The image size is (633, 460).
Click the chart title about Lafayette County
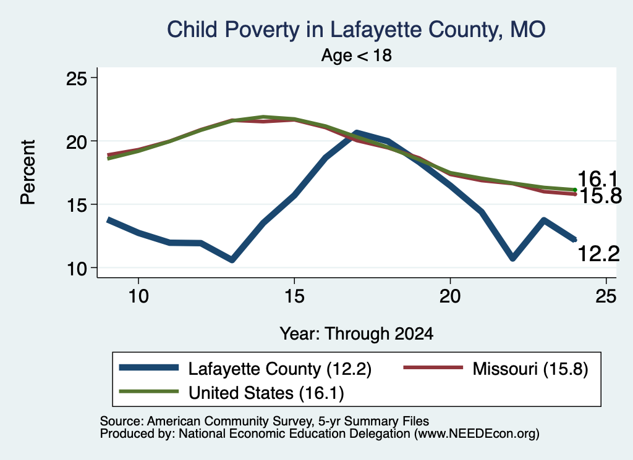point(356,30)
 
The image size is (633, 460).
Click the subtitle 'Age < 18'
point(357,55)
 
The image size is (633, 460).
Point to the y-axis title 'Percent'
point(28,172)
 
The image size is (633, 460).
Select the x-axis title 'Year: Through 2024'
point(357,334)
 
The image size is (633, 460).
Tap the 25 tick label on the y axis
point(77,78)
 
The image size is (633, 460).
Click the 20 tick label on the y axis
point(77,141)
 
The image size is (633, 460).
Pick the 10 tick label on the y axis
point(77,269)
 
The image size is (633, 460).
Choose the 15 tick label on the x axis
point(294,296)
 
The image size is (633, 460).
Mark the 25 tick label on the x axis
point(606,296)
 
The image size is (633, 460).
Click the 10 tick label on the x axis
point(138,296)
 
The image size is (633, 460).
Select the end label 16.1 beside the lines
point(598,179)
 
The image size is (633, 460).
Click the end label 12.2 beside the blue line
point(598,254)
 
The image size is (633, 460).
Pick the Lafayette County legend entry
point(245,369)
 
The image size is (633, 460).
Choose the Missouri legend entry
point(496,369)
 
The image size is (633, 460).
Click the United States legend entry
point(231,393)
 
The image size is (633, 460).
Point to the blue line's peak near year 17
point(356,133)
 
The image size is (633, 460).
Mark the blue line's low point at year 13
point(232,259)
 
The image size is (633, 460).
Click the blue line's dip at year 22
point(512,258)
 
